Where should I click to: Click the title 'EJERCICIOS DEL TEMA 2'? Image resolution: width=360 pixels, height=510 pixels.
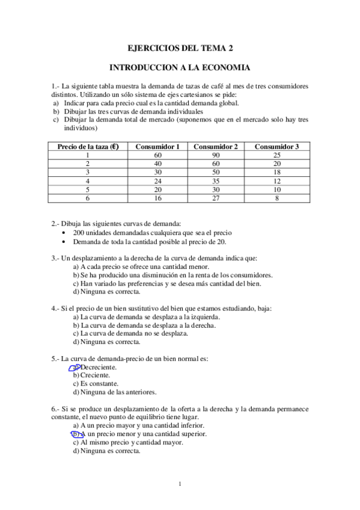pyautogui.click(x=180, y=48)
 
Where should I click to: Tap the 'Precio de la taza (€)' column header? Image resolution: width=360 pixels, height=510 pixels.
pyautogui.click(x=88, y=146)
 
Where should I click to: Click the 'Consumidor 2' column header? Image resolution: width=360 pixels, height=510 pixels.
pyautogui.click(x=215, y=146)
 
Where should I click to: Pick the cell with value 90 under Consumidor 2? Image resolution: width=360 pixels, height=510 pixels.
pyautogui.click(x=215, y=155)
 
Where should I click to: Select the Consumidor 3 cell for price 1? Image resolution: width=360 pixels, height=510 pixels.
pyautogui.click(x=276, y=155)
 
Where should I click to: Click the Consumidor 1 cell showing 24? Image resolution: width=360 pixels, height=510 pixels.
pyautogui.click(x=157, y=180)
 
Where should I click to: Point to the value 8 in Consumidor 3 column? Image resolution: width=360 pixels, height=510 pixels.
pyautogui.click(x=276, y=197)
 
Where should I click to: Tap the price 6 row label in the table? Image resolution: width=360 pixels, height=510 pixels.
pyautogui.click(x=88, y=197)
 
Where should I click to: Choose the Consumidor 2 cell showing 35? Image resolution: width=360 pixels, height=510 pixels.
pyautogui.click(x=215, y=180)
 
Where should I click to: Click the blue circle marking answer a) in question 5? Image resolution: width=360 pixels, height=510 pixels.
pyautogui.click(x=75, y=367)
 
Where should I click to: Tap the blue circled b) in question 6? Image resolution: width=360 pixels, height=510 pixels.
pyautogui.click(x=76, y=434)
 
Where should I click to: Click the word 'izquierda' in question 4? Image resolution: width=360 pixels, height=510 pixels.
pyautogui.click(x=204, y=317)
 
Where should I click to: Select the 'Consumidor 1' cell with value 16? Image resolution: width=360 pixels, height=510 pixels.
pyautogui.click(x=157, y=197)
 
